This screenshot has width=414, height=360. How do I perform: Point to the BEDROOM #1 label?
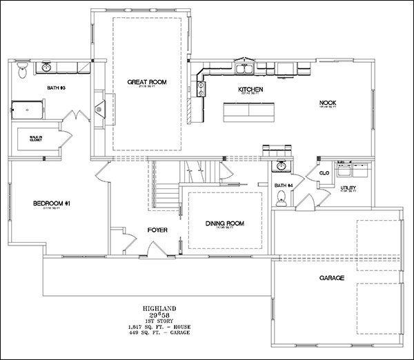pyautogui.click(x=51, y=204)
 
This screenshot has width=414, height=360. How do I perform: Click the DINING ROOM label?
pyautogui.click(x=224, y=223)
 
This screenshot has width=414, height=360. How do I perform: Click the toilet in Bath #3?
pyautogui.click(x=22, y=71)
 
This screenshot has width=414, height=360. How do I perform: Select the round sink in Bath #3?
pyautogui.click(x=46, y=68)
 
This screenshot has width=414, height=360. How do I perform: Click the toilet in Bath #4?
pyautogui.click(x=281, y=196)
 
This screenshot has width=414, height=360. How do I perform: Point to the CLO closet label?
pyautogui.click(x=323, y=173)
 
